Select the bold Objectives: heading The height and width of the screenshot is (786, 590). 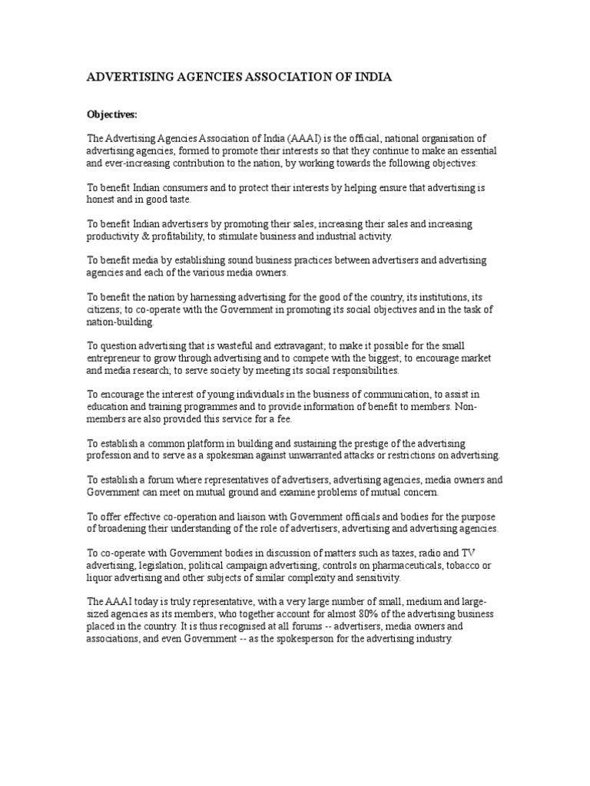(111, 114)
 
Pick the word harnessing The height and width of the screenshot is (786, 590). (197, 297)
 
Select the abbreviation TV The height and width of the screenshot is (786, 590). (469, 553)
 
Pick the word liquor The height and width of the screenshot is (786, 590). (100, 578)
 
